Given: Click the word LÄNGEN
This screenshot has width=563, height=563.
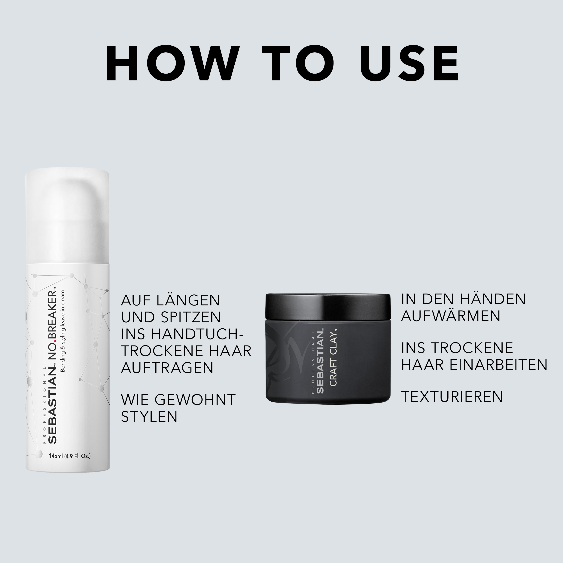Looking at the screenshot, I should (188, 300).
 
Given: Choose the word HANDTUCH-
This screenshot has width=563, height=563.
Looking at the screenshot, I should (197, 334).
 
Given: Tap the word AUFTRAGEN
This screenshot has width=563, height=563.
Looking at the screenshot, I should (167, 368).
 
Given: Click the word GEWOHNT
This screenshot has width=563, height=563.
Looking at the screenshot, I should (195, 400).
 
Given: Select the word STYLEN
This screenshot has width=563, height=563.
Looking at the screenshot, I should (149, 416).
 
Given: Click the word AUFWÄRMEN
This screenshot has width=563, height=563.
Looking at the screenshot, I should (451, 316).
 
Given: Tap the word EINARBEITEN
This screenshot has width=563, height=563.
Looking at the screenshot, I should (499, 365).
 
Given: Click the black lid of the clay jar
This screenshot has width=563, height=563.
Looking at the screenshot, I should (328, 307).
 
